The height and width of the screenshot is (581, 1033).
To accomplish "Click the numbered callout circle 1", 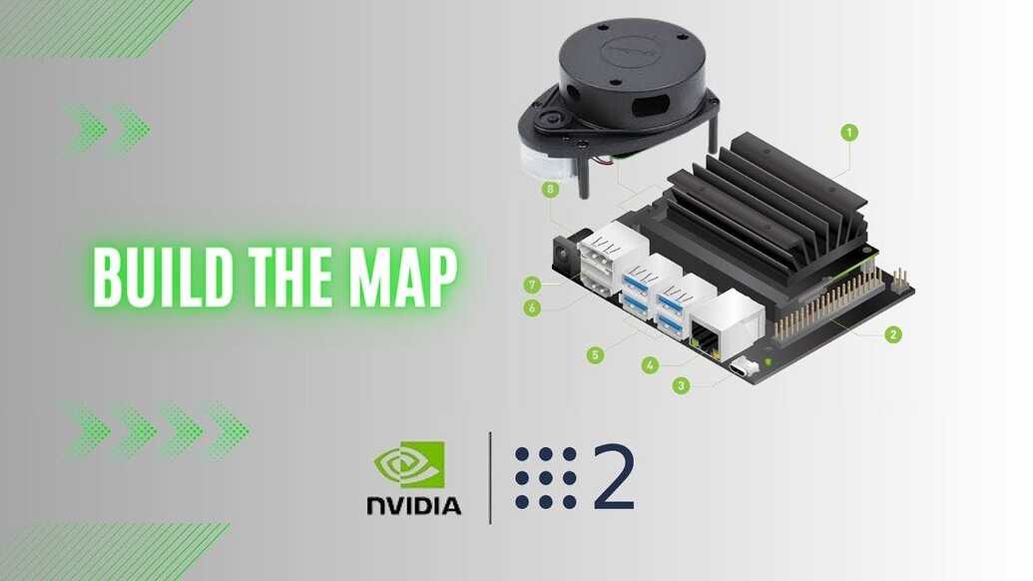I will (849, 132).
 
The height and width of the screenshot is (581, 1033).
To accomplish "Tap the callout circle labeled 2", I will (893, 334).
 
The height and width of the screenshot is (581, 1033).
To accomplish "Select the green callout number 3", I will (682, 385).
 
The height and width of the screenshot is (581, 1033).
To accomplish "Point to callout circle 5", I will (596, 354).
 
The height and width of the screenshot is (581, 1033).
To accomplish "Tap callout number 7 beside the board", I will (532, 285).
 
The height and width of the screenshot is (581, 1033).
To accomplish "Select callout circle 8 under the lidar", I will (549, 189).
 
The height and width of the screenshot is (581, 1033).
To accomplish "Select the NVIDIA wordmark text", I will (413, 505).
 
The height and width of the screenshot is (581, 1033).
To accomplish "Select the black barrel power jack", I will (566, 256).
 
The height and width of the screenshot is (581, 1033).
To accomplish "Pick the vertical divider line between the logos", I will (490, 477).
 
